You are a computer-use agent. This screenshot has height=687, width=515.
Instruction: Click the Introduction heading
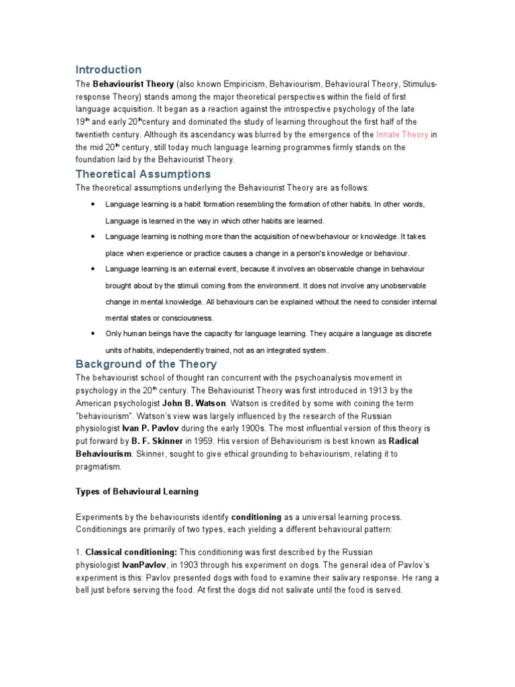(x=108, y=70)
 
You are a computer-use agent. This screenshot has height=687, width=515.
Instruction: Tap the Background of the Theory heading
(x=146, y=364)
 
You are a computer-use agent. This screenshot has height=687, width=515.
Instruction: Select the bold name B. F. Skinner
(x=152, y=439)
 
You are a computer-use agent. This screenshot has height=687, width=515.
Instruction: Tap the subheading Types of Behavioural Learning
(x=137, y=492)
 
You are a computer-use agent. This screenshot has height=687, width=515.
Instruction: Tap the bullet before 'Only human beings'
(x=91, y=333)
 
